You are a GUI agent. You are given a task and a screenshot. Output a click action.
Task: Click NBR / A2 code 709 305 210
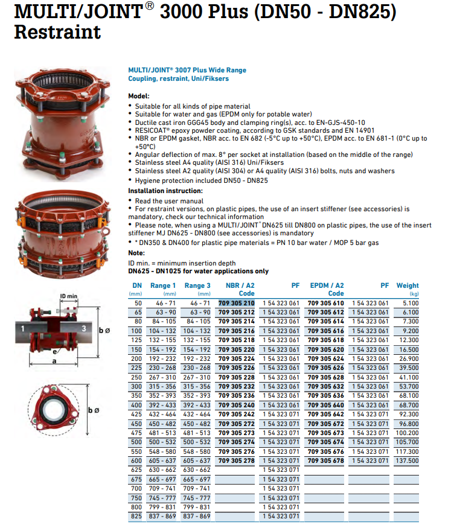coord(235,303)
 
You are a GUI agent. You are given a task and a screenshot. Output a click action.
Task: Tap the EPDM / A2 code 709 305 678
coord(325,460)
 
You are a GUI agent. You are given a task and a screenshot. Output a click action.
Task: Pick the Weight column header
coord(408,285)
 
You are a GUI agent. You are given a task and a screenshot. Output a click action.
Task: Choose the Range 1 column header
coord(163,285)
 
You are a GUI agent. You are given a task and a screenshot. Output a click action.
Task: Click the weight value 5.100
coord(409,303)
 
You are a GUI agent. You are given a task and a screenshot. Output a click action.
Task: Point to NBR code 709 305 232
coord(235,386)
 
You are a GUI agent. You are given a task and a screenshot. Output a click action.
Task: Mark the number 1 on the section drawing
coord(22,328)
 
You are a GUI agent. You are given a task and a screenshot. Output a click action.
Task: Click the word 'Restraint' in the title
coord(57,31)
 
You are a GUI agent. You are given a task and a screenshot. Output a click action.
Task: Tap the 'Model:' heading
coord(139,96)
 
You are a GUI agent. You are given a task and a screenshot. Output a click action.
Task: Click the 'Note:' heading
coord(136,253)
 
